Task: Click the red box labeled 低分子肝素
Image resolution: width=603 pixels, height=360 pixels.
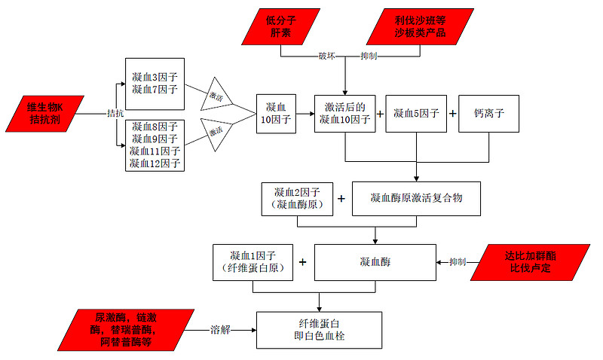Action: coord(280,27)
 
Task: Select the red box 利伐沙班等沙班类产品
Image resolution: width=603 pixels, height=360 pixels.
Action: coord(420,27)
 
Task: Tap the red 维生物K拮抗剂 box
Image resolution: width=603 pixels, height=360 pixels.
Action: coord(46,113)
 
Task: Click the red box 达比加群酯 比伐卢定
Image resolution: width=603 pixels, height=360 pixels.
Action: coord(528,262)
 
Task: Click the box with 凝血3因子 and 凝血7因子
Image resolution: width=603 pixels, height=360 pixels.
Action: coord(153,84)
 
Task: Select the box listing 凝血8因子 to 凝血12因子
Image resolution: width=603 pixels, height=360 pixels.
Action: coord(153,145)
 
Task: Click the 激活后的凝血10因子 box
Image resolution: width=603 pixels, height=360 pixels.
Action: coord(344,114)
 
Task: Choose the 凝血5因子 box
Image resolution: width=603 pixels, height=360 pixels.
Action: coord(416,114)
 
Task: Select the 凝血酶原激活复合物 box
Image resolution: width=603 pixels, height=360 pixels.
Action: coord(415,199)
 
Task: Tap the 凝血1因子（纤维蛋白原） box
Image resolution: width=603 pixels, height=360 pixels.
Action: coord(253,262)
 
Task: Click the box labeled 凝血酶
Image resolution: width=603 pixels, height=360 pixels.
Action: coord(375,262)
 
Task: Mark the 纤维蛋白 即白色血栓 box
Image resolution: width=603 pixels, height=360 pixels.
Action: coord(320,330)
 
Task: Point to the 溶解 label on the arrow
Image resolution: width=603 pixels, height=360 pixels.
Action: coord(221,330)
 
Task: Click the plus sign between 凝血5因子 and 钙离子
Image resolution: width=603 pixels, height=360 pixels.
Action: coord(453,114)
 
